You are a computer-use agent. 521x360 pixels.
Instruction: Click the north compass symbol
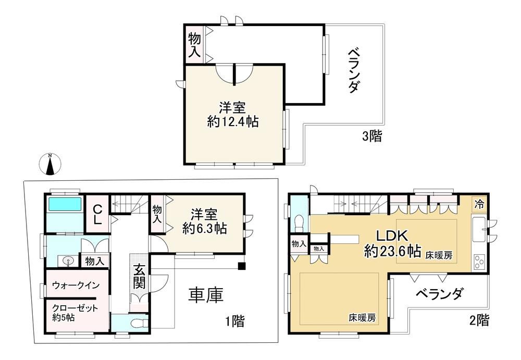pyautogui.click(x=50, y=164)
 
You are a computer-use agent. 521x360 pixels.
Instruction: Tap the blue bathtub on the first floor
pyautogui.click(x=65, y=204)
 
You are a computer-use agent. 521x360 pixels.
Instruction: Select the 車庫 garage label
pyautogui.click(x=206, y=295)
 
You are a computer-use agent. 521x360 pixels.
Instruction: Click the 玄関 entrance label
pyautogui.click(x=139, y=276)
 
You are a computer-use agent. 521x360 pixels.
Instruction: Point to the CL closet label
pyautogui.click(x=97, y=215)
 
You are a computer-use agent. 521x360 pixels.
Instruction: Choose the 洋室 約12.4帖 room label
pyautogui.click(x=233, y=115)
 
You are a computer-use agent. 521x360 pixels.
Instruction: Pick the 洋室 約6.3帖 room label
pyautogui.click(x=204, y=221)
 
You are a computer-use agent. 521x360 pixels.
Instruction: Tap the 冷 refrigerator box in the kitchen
pyautogui.click(x=479, y=204)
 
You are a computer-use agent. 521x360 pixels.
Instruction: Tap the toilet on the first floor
pyautogui.click(x=138, y=322)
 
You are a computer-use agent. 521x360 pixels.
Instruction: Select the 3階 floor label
pyautogui.click(x=372, y=136)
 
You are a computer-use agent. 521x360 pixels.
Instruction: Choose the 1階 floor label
pyautogui.click(x=235, y=321)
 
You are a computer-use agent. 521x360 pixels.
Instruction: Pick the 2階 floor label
pyautogui.click(x=479, y=320)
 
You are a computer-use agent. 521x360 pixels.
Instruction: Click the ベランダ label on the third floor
pyautogui.click(x=354, y=70)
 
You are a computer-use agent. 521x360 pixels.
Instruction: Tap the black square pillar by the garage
pyautogui.click(x=242, y=266)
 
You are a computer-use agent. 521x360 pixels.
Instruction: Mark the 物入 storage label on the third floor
pyautogui.click(x=194, y=44)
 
